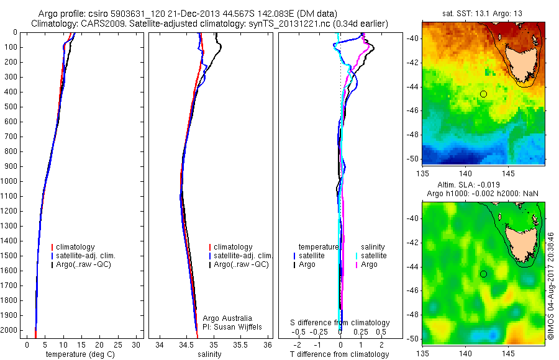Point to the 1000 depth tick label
tap(9, 181)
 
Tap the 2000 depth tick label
tap(9, 330)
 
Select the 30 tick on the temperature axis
tap(137, 344)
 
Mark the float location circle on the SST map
tap(483, 94)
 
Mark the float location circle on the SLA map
tap(483, 274)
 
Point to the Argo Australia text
tap(228, 318)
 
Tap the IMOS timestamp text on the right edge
tap(550, 286)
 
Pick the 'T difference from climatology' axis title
tap(340, 354)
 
